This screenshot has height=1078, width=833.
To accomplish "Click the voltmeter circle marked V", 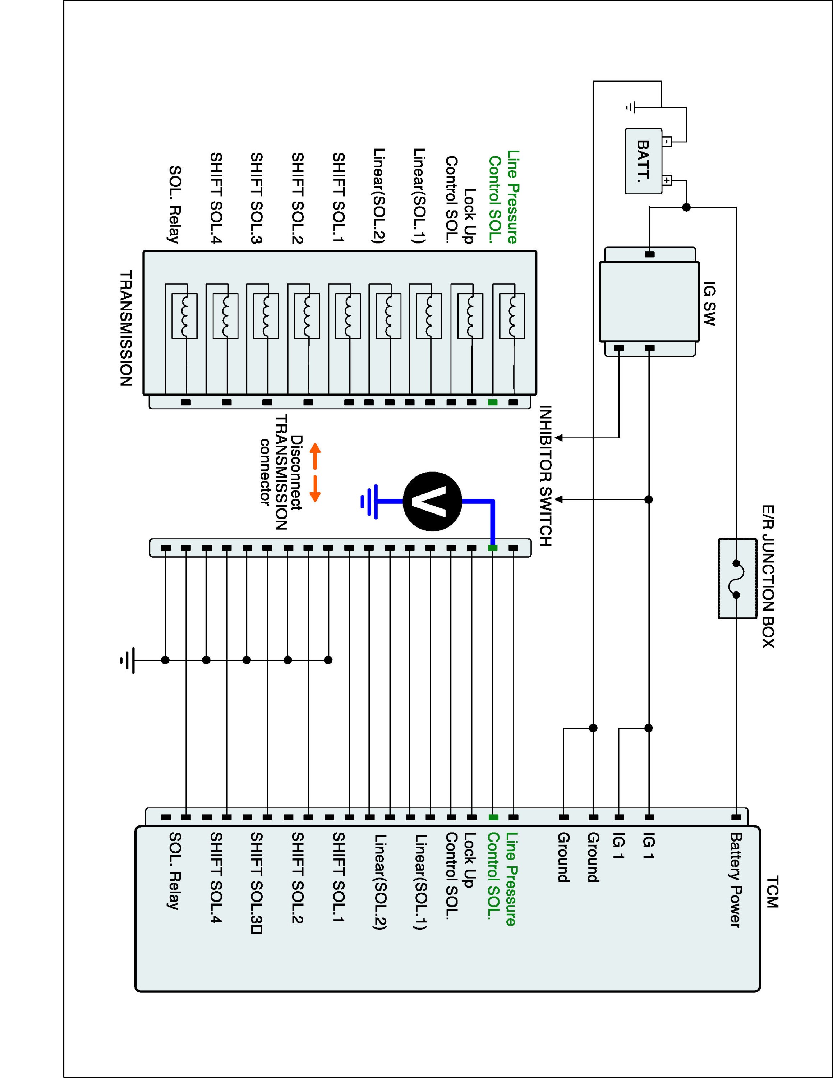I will pyautogui.click(x=432, y=501).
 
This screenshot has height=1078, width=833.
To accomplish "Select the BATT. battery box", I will pyautogui.click(x=643, y=161).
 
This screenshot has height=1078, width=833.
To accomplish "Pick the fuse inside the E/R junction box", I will pyautogui.click(x=736, y=579).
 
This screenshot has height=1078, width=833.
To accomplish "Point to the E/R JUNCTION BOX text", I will pyautogui.click(x=768, y=576).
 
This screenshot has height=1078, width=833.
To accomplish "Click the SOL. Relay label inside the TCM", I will pyautogui.click(x=175, y=871).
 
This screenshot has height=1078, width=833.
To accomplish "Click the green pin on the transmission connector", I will pyautogui.click(x=492, y=402).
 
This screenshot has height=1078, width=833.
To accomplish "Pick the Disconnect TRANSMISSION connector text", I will pyautogui.click(x=280, y=473).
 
